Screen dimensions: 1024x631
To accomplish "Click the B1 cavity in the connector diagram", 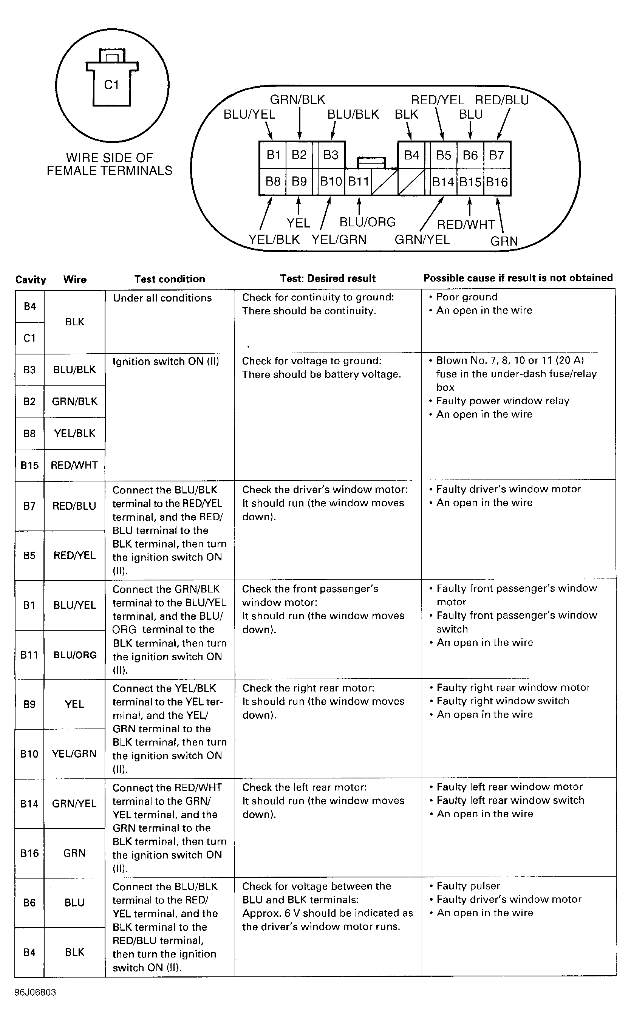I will click(x=273, y=155).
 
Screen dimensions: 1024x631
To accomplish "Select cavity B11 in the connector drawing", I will click(x=358, y=181).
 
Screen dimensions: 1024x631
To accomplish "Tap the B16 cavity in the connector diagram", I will click(x=496, y=182).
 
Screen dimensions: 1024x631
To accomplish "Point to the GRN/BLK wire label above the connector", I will click(x=298, y=100).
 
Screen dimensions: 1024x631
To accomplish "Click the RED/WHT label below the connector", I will click(x=466, y=224).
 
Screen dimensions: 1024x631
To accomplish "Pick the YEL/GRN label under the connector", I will click(x=339, y=240).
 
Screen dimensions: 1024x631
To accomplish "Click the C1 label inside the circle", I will click(x=111, y=85).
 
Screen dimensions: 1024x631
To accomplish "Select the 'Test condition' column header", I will click(x=169, y=279).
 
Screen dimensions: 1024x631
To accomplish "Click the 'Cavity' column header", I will click(x=31, y=280).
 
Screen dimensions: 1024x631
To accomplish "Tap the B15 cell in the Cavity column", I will click(x=29, y=465).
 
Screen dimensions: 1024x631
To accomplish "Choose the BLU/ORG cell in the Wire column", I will click(x=75, y=655).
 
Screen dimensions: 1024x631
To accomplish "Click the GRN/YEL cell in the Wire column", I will click(x=74, y=803).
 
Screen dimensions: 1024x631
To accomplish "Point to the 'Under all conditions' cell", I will click(x=162, y=298).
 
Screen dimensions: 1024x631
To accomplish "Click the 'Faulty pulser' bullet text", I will click(x=468, y=885).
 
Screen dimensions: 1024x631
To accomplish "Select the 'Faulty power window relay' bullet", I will click(x=503, y=401).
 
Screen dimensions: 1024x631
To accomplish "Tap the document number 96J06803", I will click(x=35, y=992).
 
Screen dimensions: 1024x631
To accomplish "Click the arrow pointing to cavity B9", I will click(x=298, y=205).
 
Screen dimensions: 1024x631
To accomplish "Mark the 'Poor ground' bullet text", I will click(x=467, y=297).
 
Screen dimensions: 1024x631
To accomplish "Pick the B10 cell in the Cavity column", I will click(x=29, y=753).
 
